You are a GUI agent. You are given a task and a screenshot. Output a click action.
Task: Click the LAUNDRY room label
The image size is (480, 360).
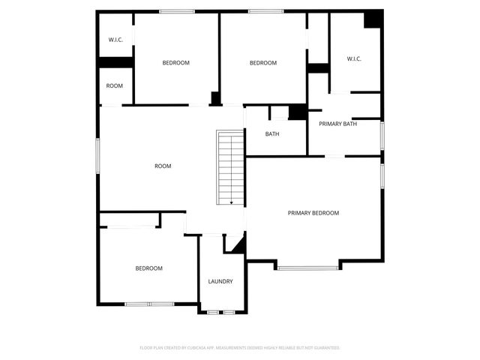tap(220, 282)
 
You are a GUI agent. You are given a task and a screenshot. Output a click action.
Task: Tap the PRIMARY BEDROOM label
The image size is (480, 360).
tap(313, 213)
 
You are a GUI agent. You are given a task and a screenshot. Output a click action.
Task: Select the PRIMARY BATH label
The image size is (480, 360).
tap(337, 124)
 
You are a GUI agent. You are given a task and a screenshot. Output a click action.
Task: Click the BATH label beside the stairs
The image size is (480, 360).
tap(272, 134)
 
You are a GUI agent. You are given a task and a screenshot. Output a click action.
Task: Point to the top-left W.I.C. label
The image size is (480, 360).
tap(115, 40)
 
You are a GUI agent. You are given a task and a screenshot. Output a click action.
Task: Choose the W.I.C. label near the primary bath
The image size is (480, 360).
tap(354, 58)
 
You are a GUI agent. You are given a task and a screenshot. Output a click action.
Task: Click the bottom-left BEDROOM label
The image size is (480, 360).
tap(148, 268)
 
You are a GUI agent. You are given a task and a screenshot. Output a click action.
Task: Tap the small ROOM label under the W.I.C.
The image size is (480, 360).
tap(114, 86)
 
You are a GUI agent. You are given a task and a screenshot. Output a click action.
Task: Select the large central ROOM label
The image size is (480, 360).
tap(163, 166)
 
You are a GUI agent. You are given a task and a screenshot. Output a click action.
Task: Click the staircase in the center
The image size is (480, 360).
tap(230, 167)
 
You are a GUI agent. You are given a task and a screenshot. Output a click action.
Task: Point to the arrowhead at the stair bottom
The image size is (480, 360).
tap(231, 202)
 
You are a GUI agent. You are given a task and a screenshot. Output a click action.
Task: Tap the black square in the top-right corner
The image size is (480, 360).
tap(373, 19)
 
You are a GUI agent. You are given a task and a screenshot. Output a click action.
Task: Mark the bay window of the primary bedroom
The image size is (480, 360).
tap(307, 268)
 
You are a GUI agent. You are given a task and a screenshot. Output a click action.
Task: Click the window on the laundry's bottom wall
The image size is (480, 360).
tap(223, 312)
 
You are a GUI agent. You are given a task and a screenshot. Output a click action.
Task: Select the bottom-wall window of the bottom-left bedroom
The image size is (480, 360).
tap(148, 304)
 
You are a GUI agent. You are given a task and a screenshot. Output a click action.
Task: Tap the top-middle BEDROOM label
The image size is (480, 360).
tap(262, 63)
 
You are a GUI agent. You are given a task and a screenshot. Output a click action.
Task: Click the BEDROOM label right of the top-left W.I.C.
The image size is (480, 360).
tap(175, 63)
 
